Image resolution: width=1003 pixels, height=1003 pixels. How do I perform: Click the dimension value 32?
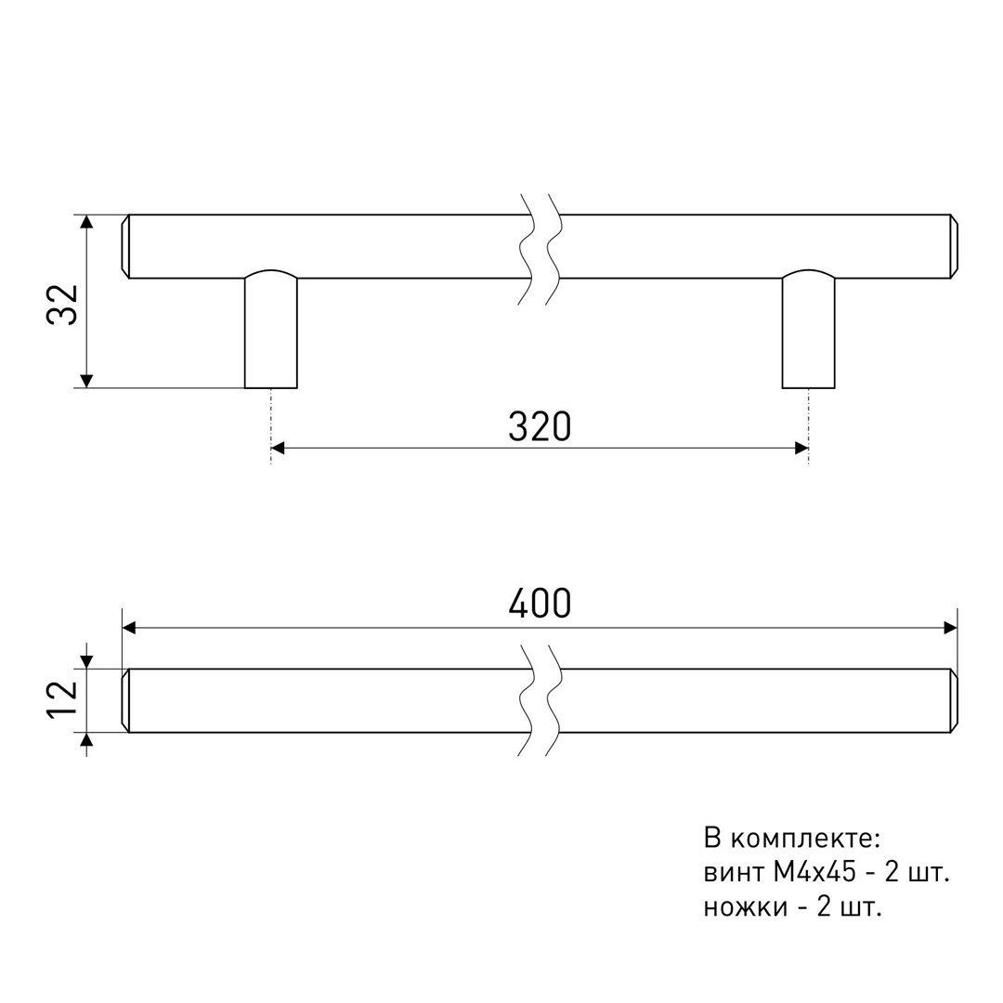coord(63,305)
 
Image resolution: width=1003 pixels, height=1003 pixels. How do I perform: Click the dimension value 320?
coord(540,427)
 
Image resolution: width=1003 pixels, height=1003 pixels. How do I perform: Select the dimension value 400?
coord(540,604)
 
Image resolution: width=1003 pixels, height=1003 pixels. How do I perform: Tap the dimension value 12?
coord(63,699)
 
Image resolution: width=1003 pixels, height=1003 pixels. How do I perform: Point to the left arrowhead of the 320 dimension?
coord(278,448)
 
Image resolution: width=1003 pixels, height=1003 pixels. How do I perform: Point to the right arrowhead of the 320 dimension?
coord(801,448)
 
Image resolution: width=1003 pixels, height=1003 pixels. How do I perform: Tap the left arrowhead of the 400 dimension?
coord(128,628)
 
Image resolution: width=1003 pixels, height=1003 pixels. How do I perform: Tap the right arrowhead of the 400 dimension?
coord(951,628)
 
